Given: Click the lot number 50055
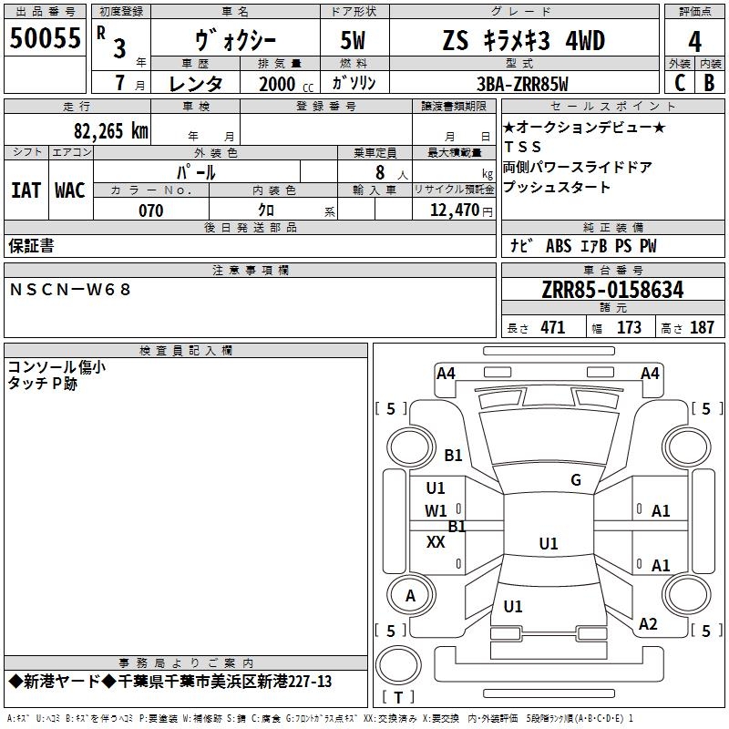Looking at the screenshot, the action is tap(45, 38).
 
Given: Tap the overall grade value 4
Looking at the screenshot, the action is tap(694, 42).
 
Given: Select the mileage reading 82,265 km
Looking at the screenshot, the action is tap(111, 131).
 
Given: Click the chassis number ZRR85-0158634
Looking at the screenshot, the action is tap(612, 290).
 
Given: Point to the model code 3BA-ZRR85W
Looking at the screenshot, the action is tap(522, 84).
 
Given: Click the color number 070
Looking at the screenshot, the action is tap(151, 210).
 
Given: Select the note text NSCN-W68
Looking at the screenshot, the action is tap(70, 290).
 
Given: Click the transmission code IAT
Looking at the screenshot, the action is tap(26, 190).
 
